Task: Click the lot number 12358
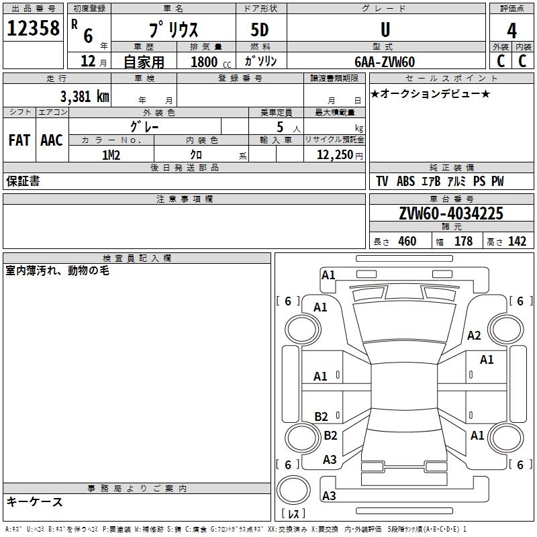(33, 29)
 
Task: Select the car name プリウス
(173, 30)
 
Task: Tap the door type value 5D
(260, 30)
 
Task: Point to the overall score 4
(511, 30)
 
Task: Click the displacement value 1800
(204, 62)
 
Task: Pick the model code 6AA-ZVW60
(385, 62)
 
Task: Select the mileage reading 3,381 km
(83, 96)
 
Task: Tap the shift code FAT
(19, 140)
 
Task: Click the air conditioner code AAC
(51, 140)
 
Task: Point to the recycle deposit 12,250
(336, 154)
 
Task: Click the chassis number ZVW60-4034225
(450, 213)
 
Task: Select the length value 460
(407, 242)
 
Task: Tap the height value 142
(517, 242)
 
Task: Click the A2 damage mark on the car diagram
(474, 336)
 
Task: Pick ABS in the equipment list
(405, 181)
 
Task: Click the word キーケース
(35, 501)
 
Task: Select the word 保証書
(23, 181)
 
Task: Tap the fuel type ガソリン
(260, 62)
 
